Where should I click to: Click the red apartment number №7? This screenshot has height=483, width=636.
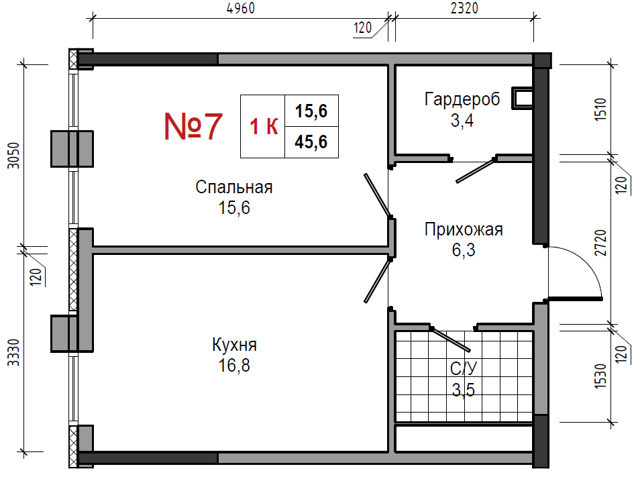coord(193,126)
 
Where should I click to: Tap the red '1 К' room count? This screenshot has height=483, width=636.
coord(264,126)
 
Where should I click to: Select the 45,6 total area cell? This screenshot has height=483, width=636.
coord(311,142)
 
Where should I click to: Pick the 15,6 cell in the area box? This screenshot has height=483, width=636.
coord(311,111)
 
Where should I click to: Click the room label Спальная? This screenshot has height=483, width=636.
coord(234,187)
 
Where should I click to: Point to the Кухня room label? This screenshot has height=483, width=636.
coord(234,345)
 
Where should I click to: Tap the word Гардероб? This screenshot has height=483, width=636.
coord(462,99)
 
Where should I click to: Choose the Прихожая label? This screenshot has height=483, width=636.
coord(464,229)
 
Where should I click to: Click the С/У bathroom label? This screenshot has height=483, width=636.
coord(464,368)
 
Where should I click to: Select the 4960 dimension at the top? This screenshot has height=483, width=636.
coord(241,8)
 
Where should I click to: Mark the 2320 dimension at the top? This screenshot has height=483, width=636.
coord(464,8)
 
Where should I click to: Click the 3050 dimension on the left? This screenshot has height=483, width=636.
coord(14,156)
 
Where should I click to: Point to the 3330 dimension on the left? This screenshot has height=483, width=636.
coord(14,352)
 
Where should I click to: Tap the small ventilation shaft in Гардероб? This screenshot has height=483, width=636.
coord(523,98)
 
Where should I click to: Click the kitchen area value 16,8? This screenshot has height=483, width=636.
coord(234,366)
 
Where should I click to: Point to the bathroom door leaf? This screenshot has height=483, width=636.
coord(450,339)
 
